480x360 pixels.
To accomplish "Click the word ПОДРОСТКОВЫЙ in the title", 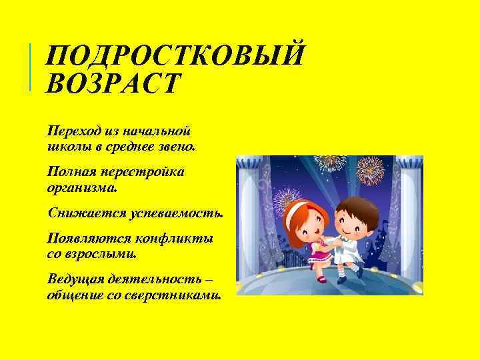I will tap(175, 55).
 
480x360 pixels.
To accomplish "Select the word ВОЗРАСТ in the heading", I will tap(113, 84).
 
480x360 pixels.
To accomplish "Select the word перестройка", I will tap(141, 172).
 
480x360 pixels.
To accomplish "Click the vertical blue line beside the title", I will tap(31, 67).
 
